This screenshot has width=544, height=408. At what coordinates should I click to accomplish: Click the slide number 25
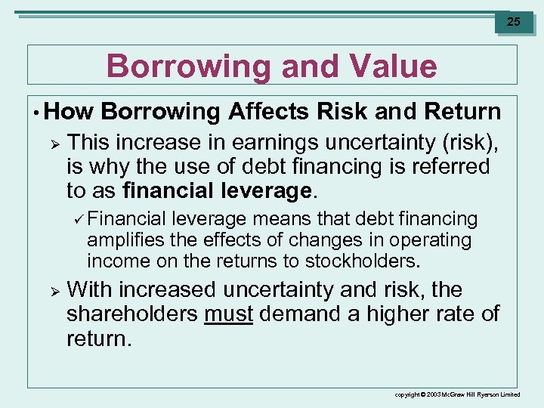point(513,22)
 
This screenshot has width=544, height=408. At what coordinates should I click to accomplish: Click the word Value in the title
point(389,66)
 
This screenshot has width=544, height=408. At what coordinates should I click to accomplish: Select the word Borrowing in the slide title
point(188,66)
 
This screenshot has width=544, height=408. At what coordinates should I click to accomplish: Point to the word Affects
point(268,112)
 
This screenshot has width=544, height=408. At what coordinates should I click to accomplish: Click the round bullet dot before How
point(36,113)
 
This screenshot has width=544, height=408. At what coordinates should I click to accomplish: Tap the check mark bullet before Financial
point(77,219)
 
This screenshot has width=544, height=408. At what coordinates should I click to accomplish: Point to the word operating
point(428,240)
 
